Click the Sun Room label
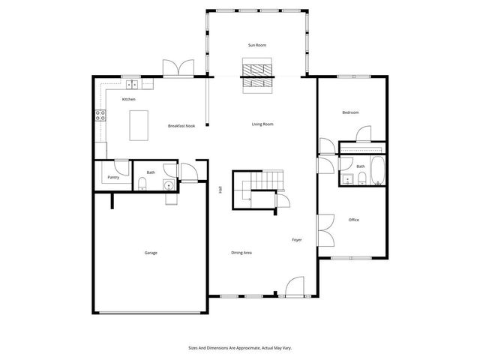pyautogui.click(x=257, y=46)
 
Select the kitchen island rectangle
pyautogui.click(x=139, y=124)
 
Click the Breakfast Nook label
pyautogui.click(x=181, y=126)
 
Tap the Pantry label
pyautogui.click(x=113, y=177)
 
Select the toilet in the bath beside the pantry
pyautogui.click(x=142, y=185)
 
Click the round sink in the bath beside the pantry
pyautogui.click(x=169, y=185)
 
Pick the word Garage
pyautogui.click(x=151, y=253)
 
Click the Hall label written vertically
pyautogui.click(x=220, y=190)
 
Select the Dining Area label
pyautogui.click(x=241, y=253)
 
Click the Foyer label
pyautogui.click(x=296, y=240)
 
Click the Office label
pyautogui.click(x=354, y=220)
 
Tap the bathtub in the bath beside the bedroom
pyautogui.click(x=377, y=172)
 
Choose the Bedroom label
pyautogui.click(x=350, y=112)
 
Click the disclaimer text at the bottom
pyautogui.click(x=239, y=348)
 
